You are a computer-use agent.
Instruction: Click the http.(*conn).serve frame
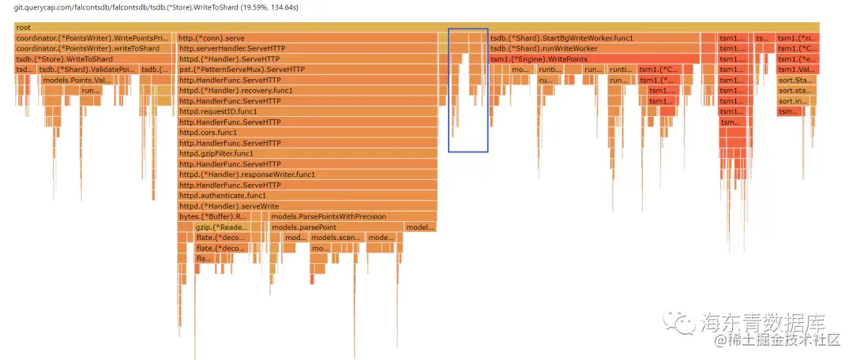pos(307,38)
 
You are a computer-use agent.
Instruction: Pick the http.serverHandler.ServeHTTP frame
pos(307,49)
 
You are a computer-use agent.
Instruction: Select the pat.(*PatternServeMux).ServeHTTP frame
pos(307,69)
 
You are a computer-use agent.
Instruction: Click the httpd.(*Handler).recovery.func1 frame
pos(307,91)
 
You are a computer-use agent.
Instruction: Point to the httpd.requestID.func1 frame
pos(307,111)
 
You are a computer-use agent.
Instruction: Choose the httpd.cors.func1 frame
pos(307,133)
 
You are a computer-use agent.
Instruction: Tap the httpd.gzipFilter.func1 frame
pos(307,153)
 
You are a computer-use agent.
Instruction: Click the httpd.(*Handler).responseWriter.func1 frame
pos(307,174)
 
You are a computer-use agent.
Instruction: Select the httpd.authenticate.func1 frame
pos(307,195)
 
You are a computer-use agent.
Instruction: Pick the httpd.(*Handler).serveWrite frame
pos(307,206)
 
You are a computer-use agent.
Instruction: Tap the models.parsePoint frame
pos(336,227)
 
